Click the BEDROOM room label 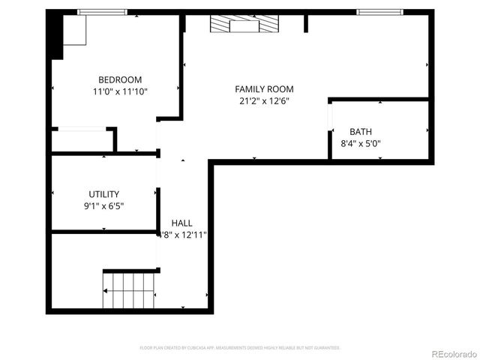(x=120, y=79)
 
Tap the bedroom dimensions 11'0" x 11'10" (x=120, y=91)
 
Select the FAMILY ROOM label (x=265, y=88)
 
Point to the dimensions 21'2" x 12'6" (x=265, y=101)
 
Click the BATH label (x=360, y=131)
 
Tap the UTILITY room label (x=103, y=193)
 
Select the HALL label (x=181, y=223)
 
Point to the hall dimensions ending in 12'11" (x=184, y=235)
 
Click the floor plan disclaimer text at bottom (x=240, y=348)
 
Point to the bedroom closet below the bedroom (x=81, y=141)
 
